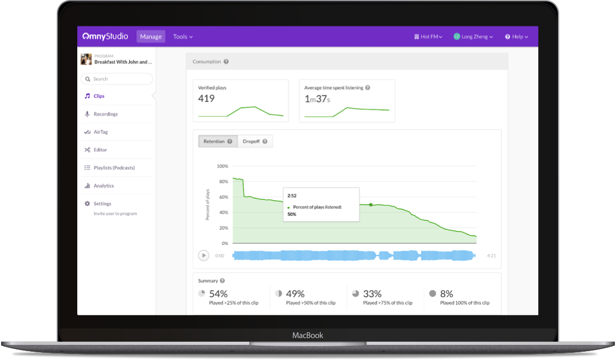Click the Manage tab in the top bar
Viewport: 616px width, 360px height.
[x=151, y=36]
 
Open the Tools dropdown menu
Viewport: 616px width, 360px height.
[x=183, y=36]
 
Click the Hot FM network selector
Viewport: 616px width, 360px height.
[x=428, y=36]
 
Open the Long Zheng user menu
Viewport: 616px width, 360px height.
[x=473, y=36]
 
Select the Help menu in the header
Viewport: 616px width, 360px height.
[x=517, y=36]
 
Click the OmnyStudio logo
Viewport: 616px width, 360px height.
[x=105, y=36]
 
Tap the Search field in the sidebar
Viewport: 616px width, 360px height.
[x=116, y=79]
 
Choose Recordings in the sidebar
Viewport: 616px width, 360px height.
[x=105, y=114]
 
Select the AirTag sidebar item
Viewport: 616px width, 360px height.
[x=100, y=132]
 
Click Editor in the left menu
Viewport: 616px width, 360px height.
[x=100, y=150]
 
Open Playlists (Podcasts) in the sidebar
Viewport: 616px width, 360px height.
[x=114, y=168]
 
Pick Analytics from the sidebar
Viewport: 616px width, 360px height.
[x=103, y=186]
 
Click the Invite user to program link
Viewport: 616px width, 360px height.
[x=115, y=214]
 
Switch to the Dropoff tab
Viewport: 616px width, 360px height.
[x=255, y=141]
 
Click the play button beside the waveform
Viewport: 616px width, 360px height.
[x=204, y=255]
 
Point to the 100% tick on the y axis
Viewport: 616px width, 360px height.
[x=222, y=166]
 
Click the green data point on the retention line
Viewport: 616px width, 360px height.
[x=370, y=205]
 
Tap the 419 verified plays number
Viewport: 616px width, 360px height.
[x=206, y=99]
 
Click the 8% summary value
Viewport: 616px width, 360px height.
[x=447, y=294]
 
